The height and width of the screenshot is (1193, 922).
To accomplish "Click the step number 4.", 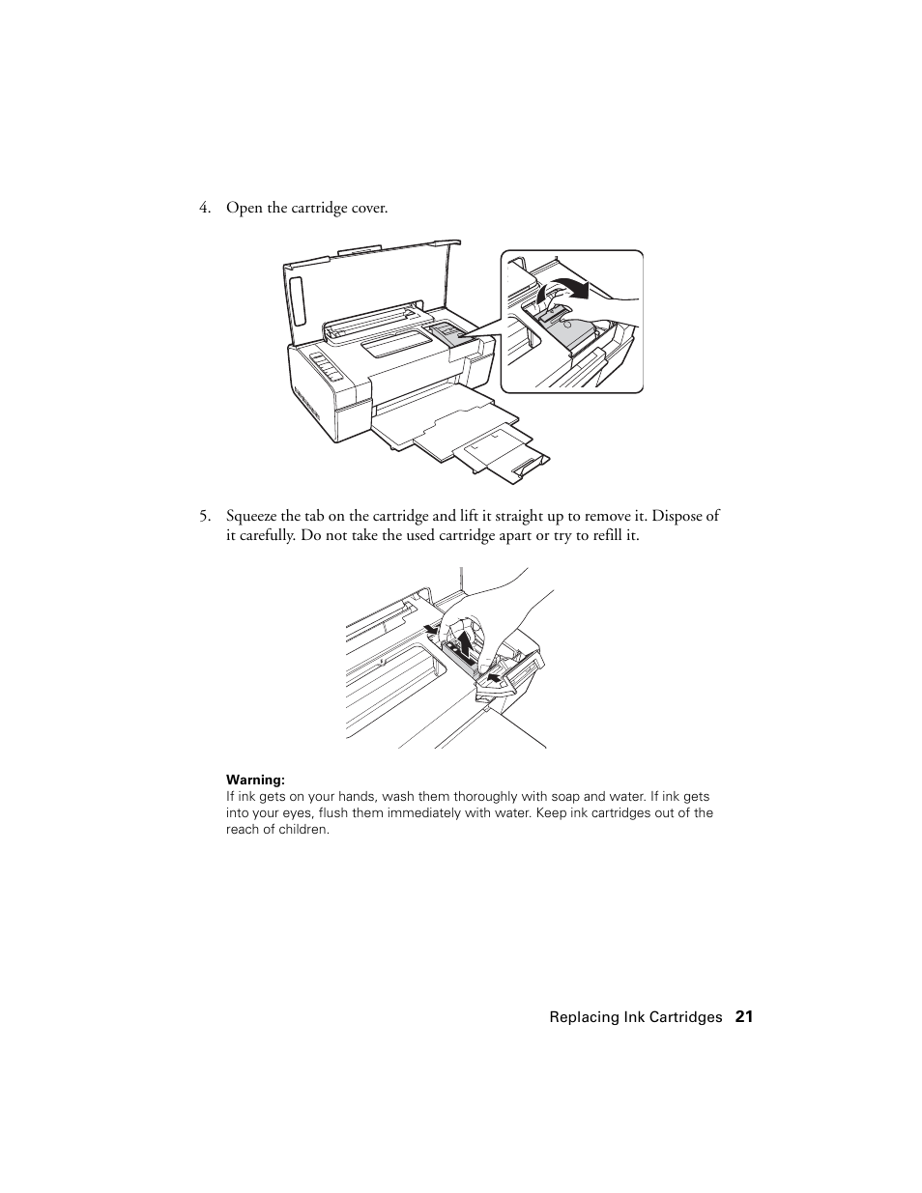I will (204, 209).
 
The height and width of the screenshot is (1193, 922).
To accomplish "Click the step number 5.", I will (204, 517).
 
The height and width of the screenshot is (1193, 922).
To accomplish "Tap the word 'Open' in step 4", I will (243, 209).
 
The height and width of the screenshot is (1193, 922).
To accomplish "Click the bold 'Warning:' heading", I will (255, 780).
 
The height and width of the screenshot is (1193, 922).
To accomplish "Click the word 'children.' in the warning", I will (303, 830).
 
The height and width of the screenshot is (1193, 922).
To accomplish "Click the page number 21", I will (743, 1016).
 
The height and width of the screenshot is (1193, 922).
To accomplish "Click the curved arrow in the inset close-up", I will (564, 287).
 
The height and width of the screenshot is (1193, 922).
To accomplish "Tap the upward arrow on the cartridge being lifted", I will (466, 644).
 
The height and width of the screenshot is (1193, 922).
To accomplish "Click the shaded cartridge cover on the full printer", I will (447, 333).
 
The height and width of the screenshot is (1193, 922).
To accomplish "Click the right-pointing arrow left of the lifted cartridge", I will (431, 632).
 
